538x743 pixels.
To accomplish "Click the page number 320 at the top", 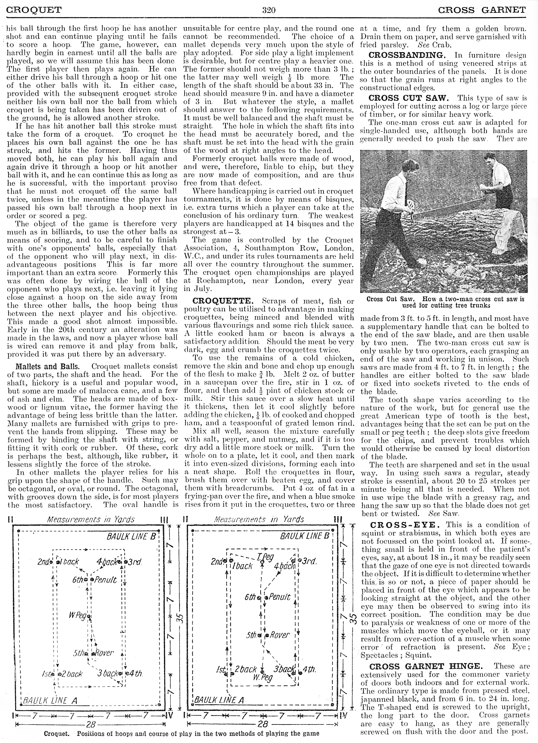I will click(x=269, y=10).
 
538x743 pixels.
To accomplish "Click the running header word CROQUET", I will click(x=34, y=10).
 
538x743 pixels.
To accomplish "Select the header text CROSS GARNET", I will click(x=482, y=10).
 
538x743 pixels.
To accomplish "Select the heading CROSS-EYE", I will click(x=403, y=525).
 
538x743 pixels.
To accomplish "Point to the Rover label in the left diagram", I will click(x=104, y=653).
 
